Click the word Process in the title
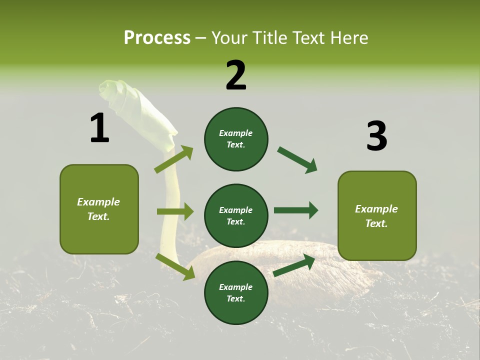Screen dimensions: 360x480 tap(157, 38)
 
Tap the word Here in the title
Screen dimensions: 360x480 tap(349, 38)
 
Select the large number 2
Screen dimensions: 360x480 tap(236, 75)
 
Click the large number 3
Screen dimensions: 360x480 tap(376, 136)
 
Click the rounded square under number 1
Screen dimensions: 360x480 tap(99, 209)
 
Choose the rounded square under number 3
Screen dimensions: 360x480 tap(377, 216)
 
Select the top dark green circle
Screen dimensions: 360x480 tap(236, 139)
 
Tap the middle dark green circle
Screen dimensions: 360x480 tap(236, 215)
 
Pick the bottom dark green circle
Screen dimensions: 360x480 tap(236, 292)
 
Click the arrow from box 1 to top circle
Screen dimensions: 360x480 tap(174, 159)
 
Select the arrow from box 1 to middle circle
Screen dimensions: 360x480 tap(175, 211)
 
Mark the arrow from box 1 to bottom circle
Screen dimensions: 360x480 tap(175, 266)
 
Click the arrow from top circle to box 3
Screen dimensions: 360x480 tap(297, 159)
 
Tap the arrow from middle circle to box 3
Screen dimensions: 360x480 tap(296, 210)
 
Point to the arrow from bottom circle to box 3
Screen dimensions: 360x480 tap(294, 265)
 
